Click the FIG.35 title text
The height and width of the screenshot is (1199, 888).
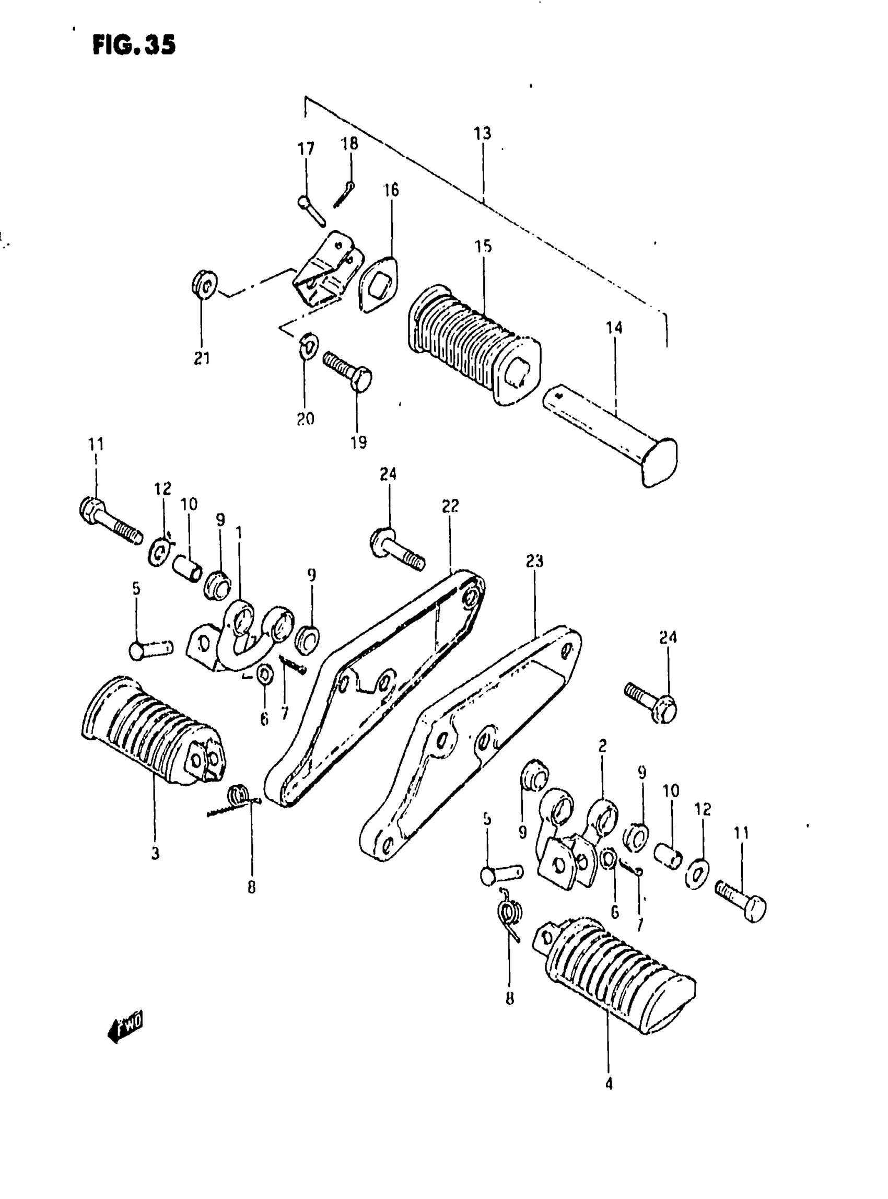coord(134,44)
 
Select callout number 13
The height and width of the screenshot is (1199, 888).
coord(482,133)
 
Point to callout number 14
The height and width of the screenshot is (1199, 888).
coord(614,328)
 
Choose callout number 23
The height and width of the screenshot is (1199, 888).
coord(534,561)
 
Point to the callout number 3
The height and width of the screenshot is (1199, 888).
coord(155,853)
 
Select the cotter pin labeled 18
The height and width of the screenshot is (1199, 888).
coord(344,195)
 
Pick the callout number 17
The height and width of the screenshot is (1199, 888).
coord(306,148)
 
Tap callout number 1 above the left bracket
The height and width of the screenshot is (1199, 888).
coord(239,533)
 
